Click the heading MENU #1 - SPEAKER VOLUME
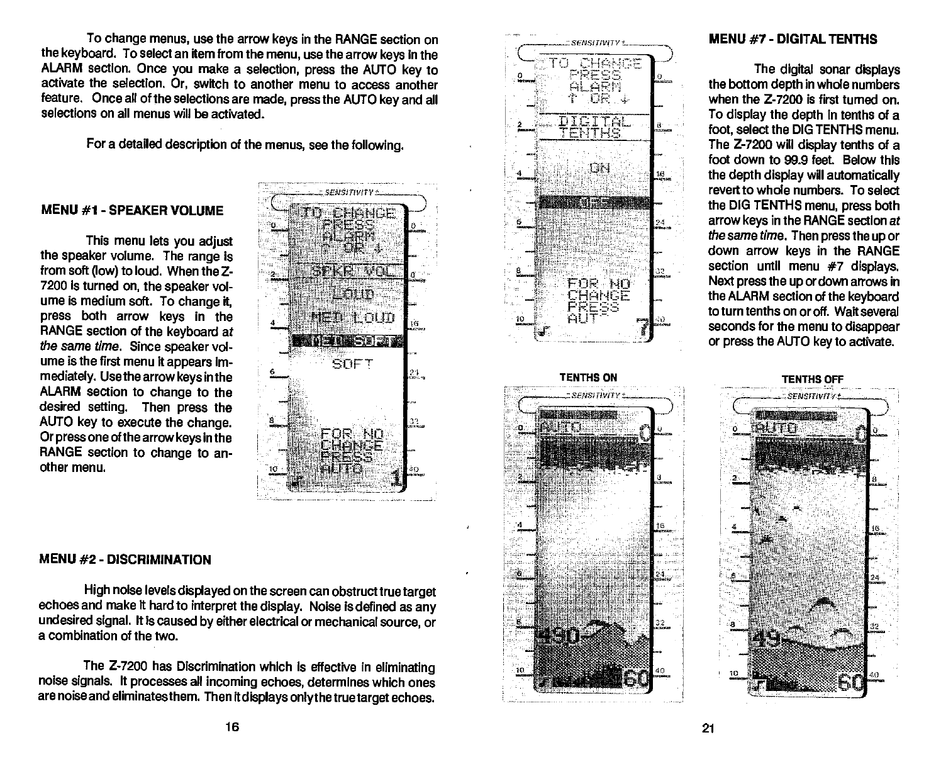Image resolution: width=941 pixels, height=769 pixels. [131, 210]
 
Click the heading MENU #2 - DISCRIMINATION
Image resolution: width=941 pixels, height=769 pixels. [125, 559]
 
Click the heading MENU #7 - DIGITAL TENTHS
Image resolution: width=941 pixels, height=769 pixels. [793, 39]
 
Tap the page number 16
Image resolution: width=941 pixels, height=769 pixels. [232, 728]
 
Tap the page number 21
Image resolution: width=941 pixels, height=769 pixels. [708, 729]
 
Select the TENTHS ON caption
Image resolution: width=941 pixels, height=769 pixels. [588, 378]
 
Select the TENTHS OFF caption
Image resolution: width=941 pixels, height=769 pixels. [811, 379]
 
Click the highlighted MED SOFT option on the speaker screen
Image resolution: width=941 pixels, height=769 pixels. [344, 341]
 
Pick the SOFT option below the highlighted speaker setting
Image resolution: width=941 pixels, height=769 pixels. [352, 364]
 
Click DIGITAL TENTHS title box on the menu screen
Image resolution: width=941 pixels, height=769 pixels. [591, 126]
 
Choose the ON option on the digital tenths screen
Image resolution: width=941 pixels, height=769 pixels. [600, 168]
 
